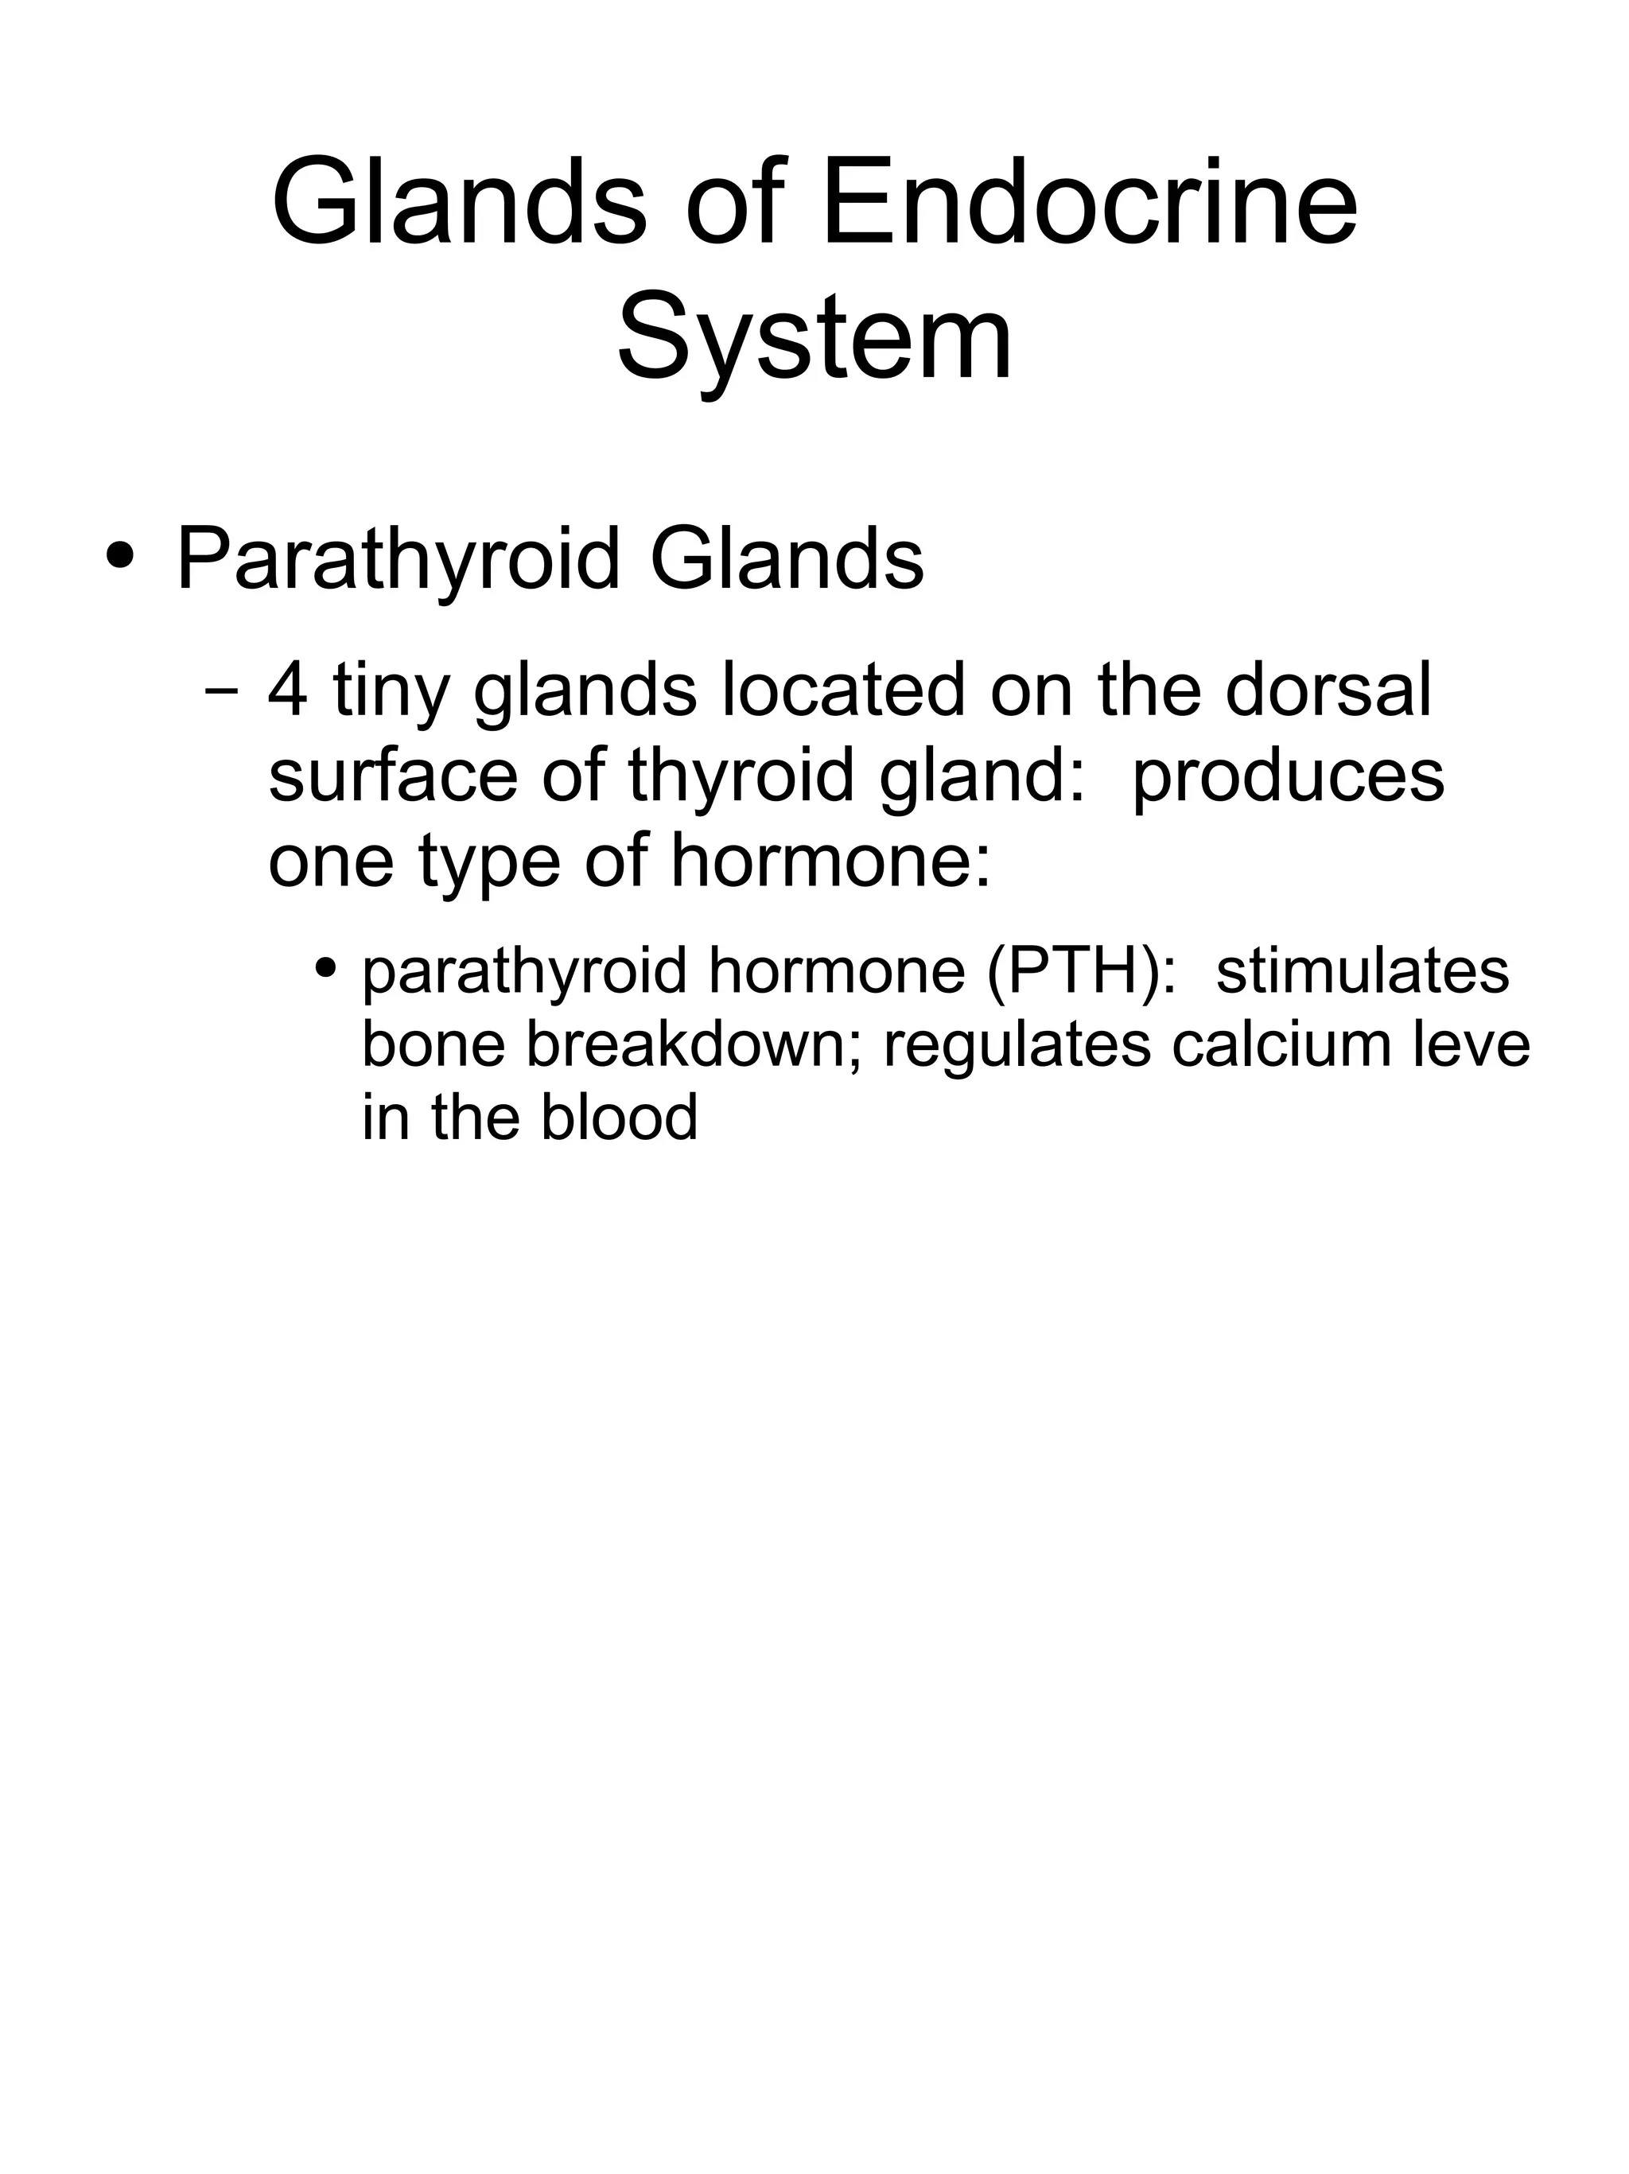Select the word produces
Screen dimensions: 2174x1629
point(1288,776)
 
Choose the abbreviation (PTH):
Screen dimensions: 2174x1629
point(1080,971)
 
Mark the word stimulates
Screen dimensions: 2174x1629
point(1362,971)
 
